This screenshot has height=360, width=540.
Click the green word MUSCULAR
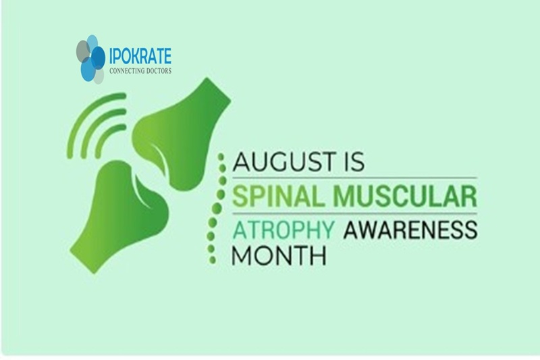click(x=406, y=196)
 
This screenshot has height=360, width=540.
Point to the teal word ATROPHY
click(x=283, y=230)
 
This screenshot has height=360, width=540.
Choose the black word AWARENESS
click(x=410, y=230)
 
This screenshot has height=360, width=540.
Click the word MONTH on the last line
click(x=279, y=255)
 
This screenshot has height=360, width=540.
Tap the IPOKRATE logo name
click(x=140, y=56)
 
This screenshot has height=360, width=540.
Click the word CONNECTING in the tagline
click(x=127, y=71)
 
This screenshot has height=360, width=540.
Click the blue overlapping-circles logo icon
click(x=90, y=59)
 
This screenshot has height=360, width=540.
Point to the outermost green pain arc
click(x=85, y=109)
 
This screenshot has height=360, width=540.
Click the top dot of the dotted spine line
click(x=221, y=157)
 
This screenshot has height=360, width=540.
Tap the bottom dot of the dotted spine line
click(x=212, y=260)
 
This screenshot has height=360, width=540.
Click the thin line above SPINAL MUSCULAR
click(x=355, y=178)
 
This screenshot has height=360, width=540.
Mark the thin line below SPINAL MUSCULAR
click(x=355, y=213)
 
